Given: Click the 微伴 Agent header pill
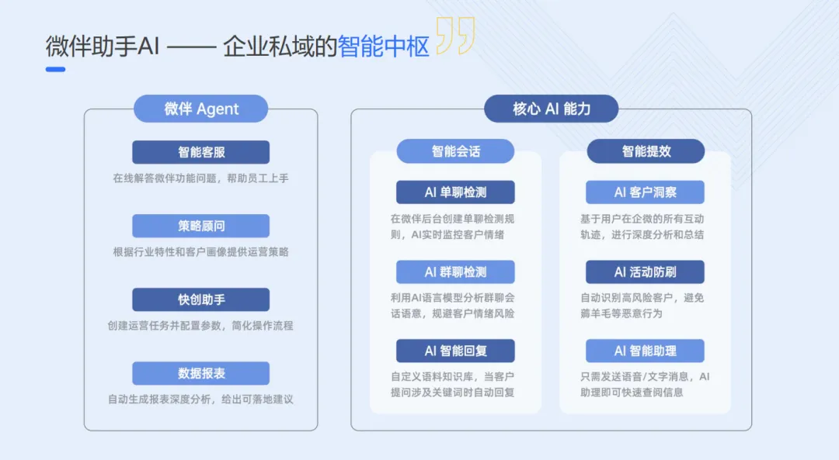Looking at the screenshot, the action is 200,109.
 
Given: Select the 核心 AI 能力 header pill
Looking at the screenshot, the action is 551,109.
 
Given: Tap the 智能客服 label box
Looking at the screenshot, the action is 200,152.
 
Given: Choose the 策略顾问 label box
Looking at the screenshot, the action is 200,226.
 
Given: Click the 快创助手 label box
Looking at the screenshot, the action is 200,299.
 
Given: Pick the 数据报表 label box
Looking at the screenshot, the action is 200,373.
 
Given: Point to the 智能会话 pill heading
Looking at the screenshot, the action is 455,151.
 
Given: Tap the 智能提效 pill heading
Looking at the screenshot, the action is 646,151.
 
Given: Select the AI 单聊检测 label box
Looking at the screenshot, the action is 455,192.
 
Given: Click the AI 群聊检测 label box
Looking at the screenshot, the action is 455,272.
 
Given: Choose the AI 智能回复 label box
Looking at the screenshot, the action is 455,351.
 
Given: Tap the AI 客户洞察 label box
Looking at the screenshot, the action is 646,192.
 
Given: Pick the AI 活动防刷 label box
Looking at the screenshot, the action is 646,272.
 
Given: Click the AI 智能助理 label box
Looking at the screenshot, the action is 646,351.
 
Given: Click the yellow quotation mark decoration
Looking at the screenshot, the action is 454,36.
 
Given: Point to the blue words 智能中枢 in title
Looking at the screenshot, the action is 383,47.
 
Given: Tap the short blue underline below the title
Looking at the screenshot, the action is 55,69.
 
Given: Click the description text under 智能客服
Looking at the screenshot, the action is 200,178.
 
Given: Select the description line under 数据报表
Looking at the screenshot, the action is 200,399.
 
